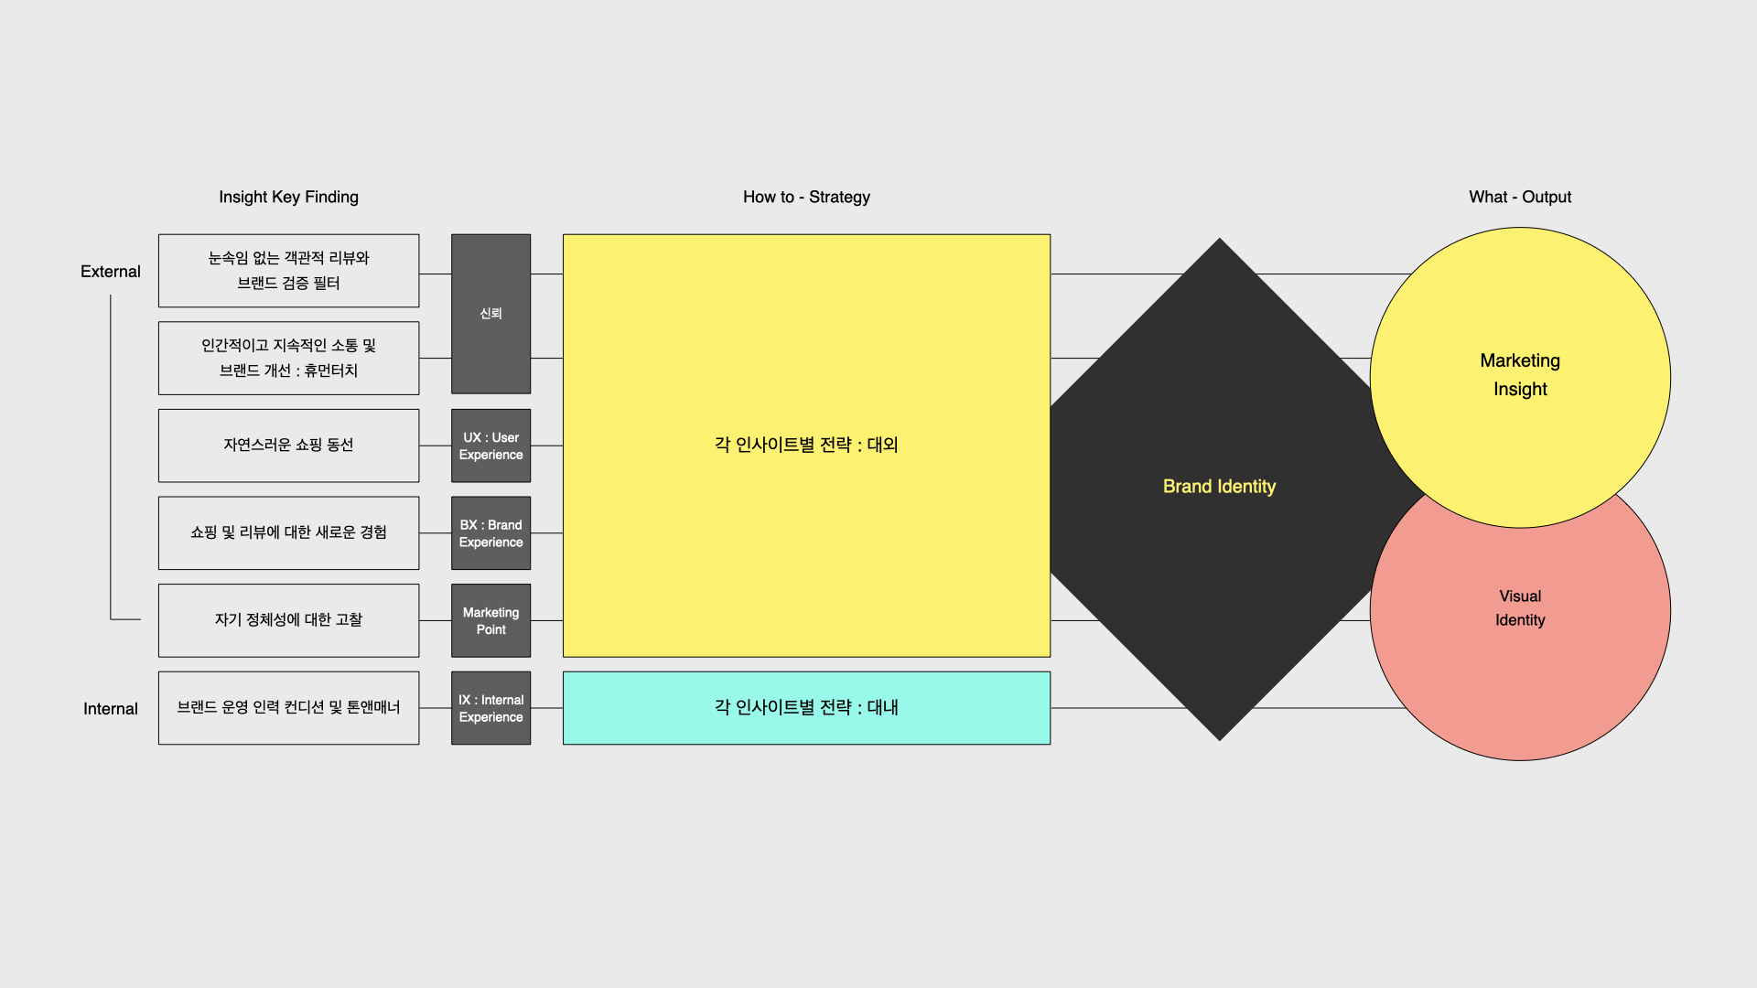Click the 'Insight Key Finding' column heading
click(288, 197)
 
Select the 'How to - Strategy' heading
click(806, 197)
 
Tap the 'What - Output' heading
click(1520, 197)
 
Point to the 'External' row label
click(111, 272)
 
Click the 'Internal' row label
click(111, 709)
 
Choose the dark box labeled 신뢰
click(490, 314)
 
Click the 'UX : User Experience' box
click(490, 446)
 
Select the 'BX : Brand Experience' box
click(490, 533)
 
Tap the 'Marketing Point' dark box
click(490, 620)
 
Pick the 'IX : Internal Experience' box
click(490, 708)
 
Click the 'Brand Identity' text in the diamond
click(1219, 487)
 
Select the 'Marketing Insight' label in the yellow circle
click(1520, 374)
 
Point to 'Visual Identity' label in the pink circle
click(1520, 607)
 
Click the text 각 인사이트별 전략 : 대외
click(806, 445)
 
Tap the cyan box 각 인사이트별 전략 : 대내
click(806, 707)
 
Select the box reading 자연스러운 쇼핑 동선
click(288, 446)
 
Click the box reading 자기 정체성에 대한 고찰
click(288, 620)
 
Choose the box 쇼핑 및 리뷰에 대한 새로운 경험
click(288, 533)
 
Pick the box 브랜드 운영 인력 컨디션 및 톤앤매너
click(288, 708)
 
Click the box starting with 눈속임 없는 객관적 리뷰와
click(288, 271)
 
